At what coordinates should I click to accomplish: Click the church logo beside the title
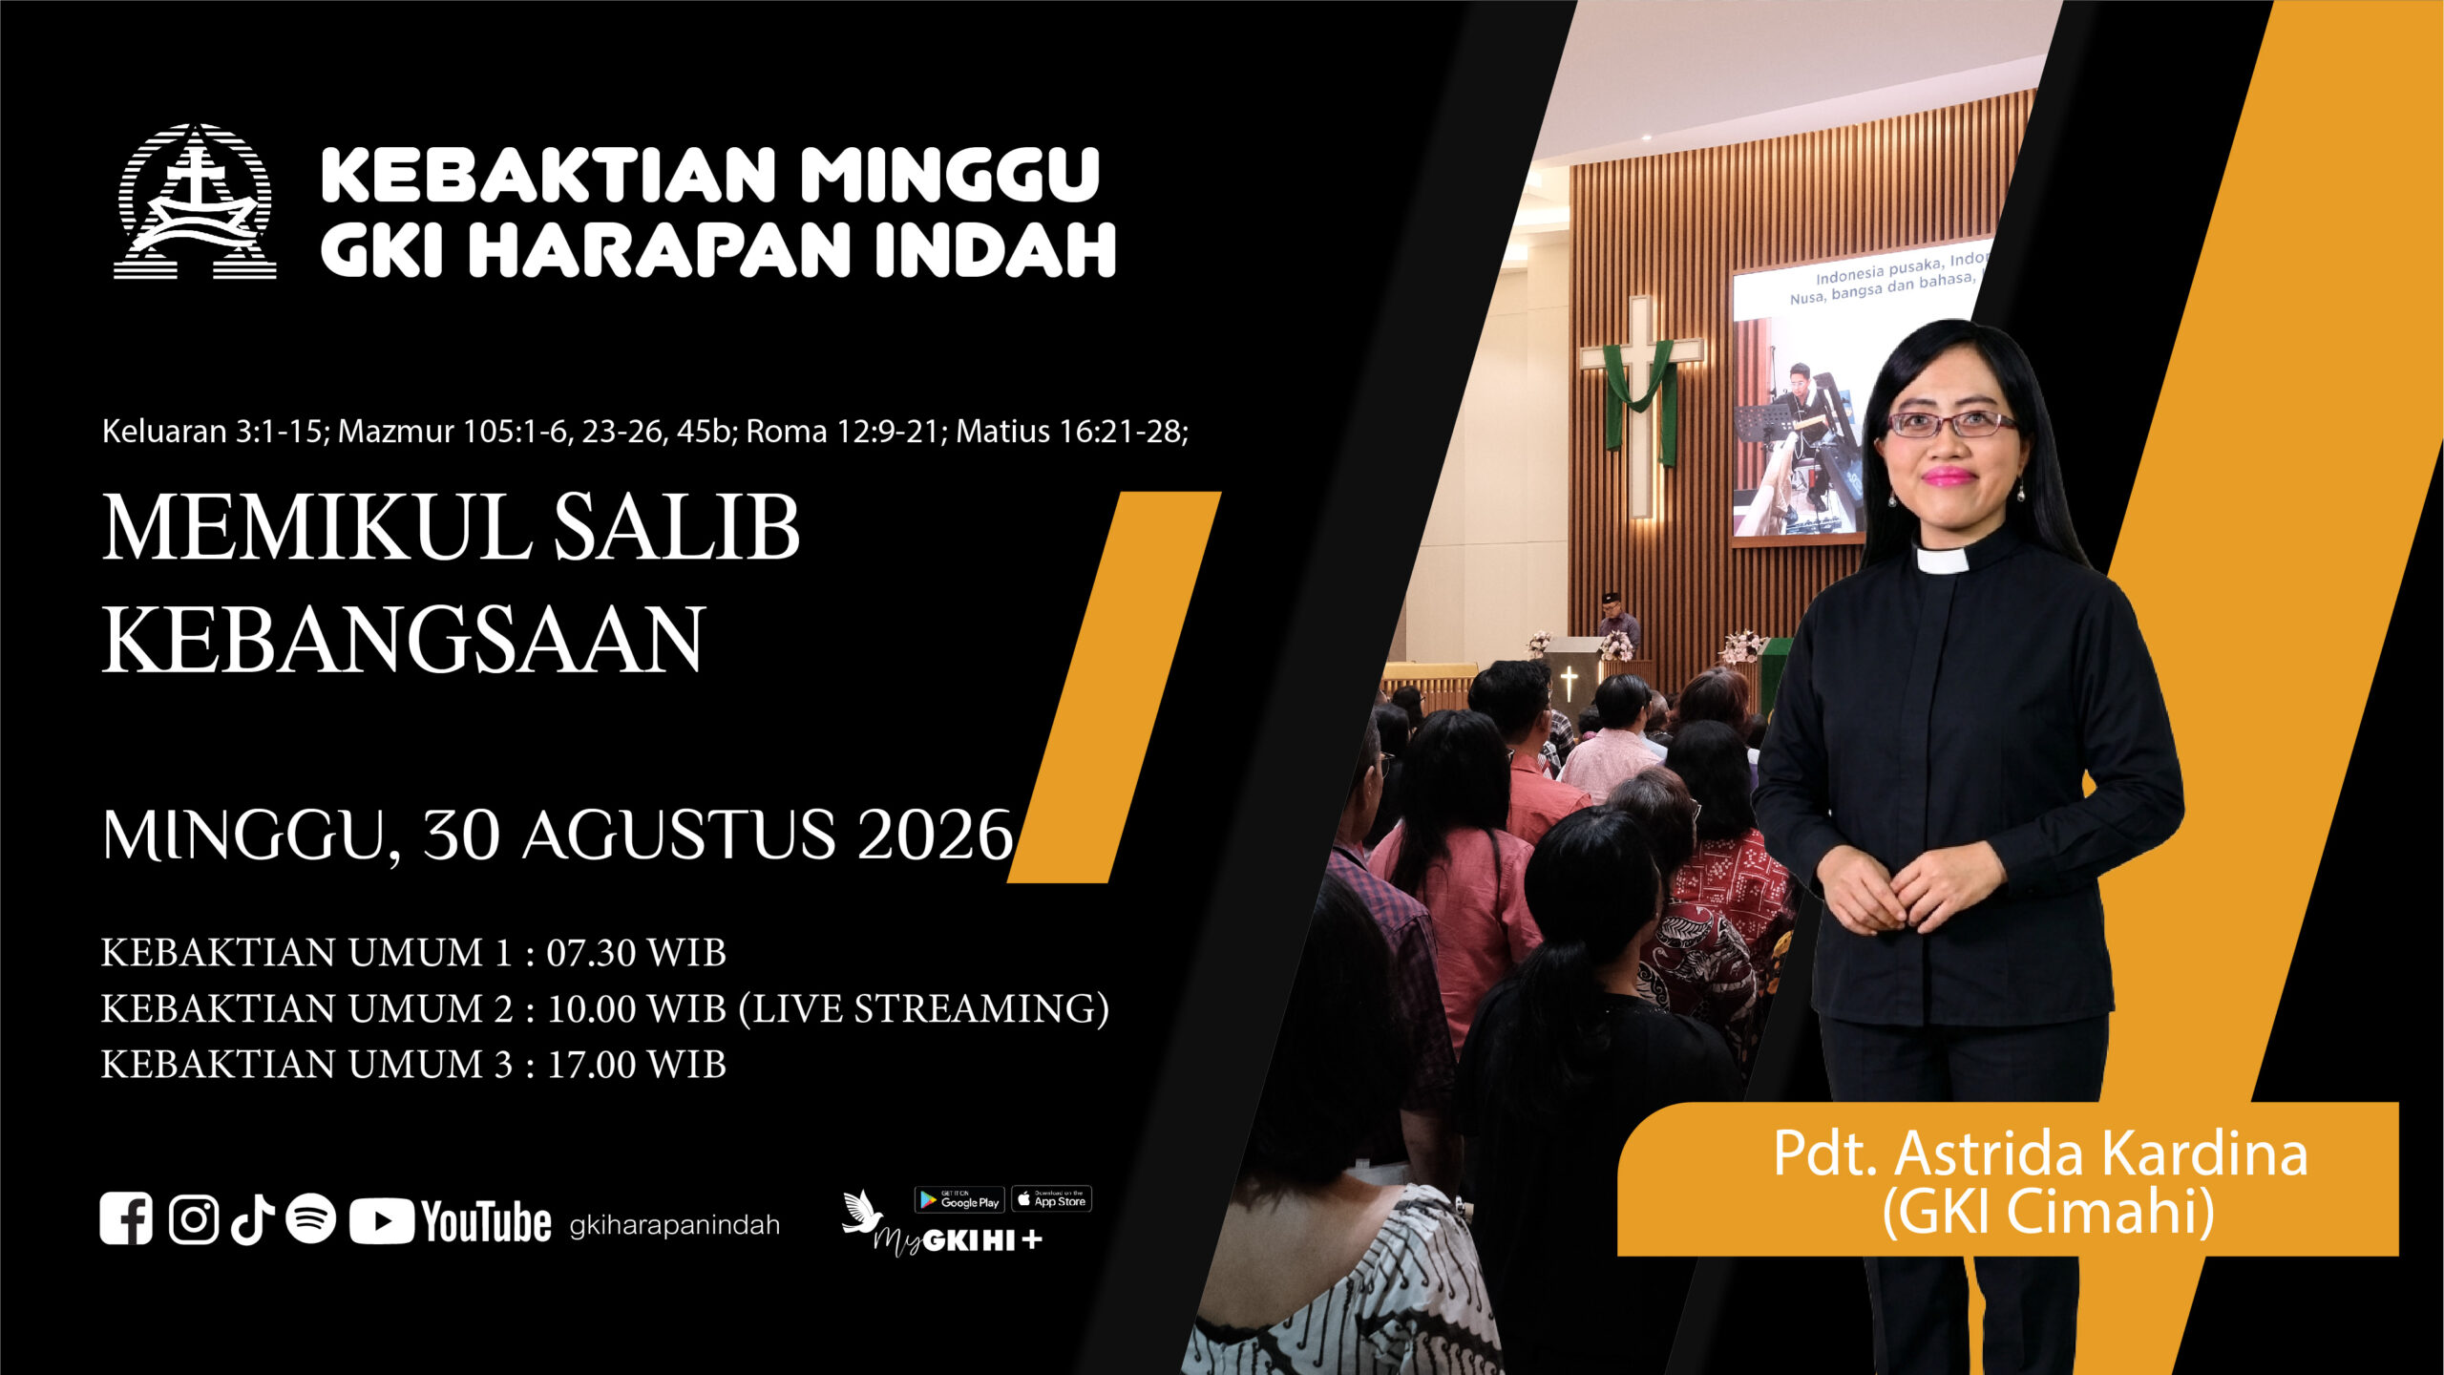coord(195,201)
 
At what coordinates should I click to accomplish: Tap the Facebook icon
coord(126,1219)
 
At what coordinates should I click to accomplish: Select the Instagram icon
coord(194,1219)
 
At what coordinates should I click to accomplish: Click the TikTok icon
coord(253,1219)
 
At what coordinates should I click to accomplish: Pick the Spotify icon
coord(311,1219)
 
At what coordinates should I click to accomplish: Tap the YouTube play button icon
coord(381,1221)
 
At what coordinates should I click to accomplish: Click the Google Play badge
coord(959,1199)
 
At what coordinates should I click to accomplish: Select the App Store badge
coord(1051,1198)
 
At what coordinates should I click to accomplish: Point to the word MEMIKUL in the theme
coord(317,528)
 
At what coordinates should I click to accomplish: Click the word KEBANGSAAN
coord(404,639)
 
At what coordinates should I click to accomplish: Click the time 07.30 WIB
coord(636,953)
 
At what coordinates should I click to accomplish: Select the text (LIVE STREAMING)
coord(924,1009)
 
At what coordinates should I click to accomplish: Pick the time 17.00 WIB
coord(636,1065)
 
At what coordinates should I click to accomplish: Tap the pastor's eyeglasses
coord(1950,423)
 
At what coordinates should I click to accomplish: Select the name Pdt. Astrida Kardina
coord(2040,1153)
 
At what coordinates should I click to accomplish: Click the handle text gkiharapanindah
coord(674,1225)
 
